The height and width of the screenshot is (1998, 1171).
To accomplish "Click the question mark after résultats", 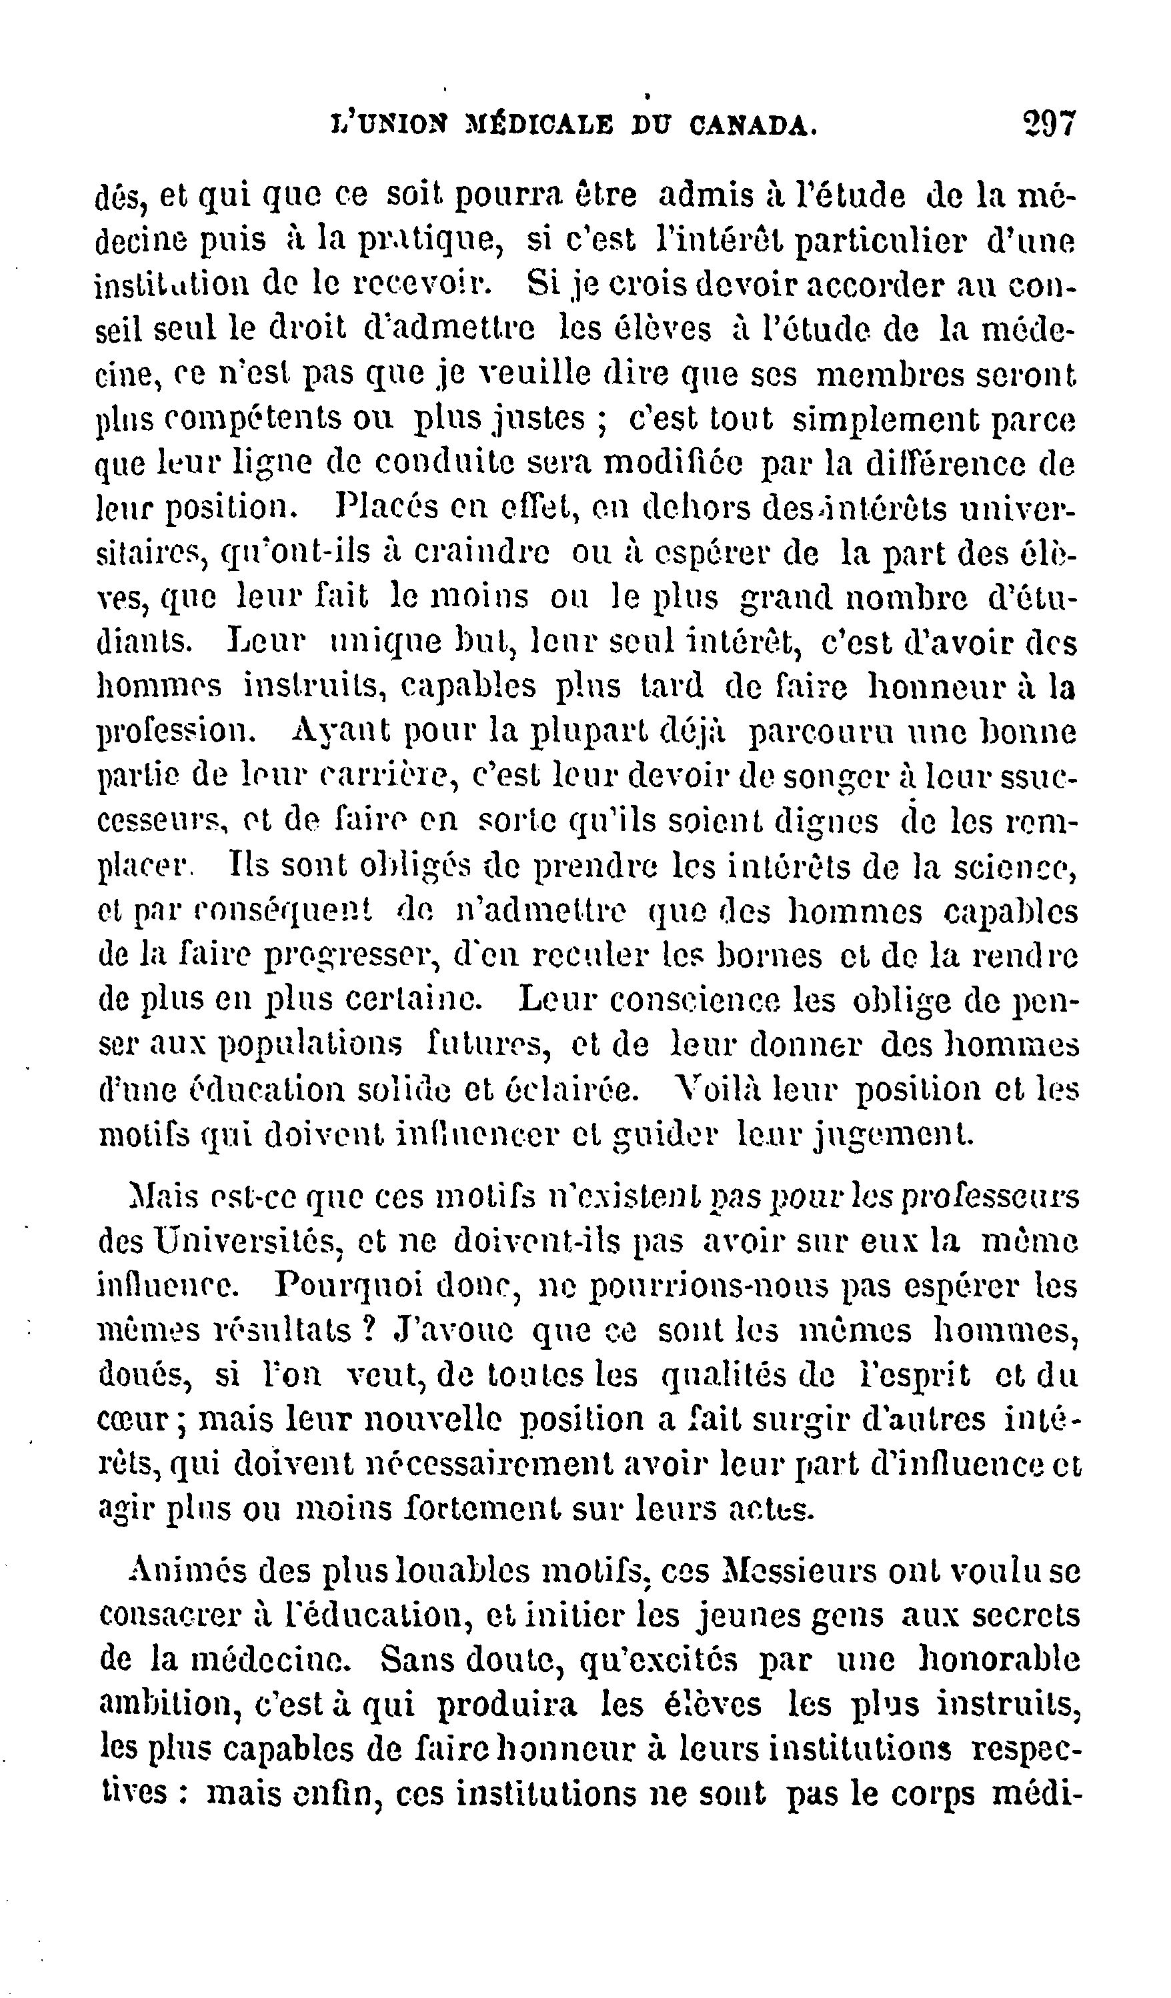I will click(367, 1330).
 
